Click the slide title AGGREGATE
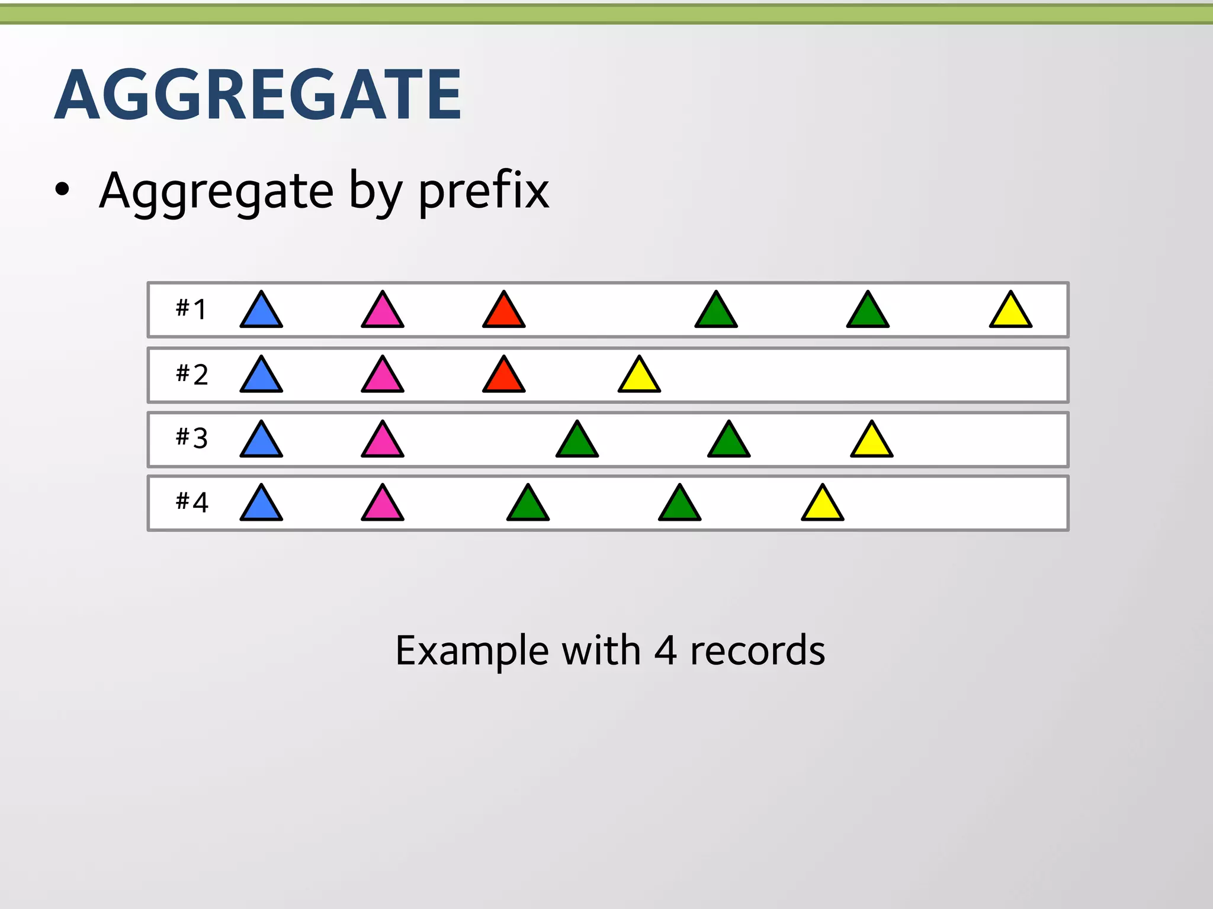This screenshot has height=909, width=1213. pyautogui.click(x=258, y=95)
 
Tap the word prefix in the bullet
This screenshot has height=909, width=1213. pyautogui.click(x=484, y=191)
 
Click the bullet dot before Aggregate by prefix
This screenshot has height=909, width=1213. pyautogui.click(x=62, y=190)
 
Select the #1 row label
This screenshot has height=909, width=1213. pyautogui.click(x=191, y=309)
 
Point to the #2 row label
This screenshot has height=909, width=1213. pyautogui.click(x=191, y=375)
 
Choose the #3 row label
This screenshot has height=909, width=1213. pyautogui.click(x=191, y=439)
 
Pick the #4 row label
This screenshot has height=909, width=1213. pyautogui.click(x=191, y=502)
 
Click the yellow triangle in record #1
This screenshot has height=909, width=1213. pyautogui.click(x=1010, y=312)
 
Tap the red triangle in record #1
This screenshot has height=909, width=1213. pyautogui.click(x=503, y=312)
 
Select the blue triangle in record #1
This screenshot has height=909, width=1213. pyautogui.click(x=261, y=312)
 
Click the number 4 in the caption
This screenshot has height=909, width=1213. pyautogui.click(x=665, y=650)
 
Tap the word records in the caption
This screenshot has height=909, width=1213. pyautogui.click(x=758, y=650)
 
